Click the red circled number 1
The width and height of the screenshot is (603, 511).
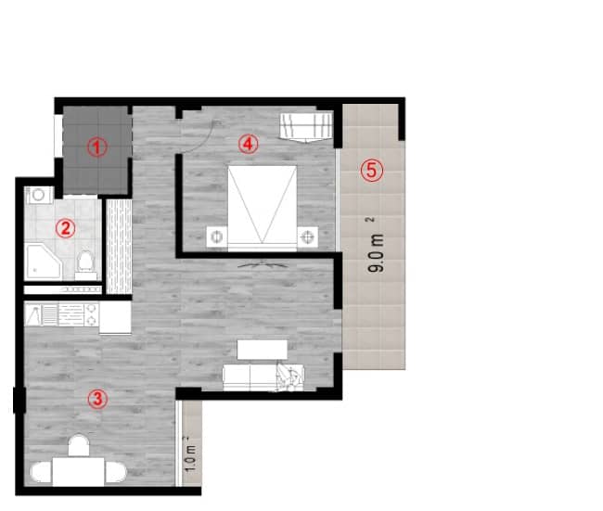(96, 146)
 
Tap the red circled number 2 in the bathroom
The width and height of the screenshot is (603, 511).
(64, 226)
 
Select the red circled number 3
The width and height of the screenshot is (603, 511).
(96, 399)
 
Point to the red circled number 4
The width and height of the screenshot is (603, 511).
(246, 143)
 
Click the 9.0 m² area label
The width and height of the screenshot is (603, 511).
(375, 249)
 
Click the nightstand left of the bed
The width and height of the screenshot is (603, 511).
(217, 236)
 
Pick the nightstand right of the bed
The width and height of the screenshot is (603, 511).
(307, 236)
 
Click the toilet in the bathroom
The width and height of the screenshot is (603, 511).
(86, 262)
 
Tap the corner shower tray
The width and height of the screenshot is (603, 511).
(42, 261)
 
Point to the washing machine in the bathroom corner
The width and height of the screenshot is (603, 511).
(38, 195)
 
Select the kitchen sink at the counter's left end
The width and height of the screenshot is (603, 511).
(36, 316)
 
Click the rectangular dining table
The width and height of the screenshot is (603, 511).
(79, 471)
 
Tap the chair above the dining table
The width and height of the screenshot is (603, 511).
(78, 444)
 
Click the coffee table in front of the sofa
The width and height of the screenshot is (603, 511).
(263, 349)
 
